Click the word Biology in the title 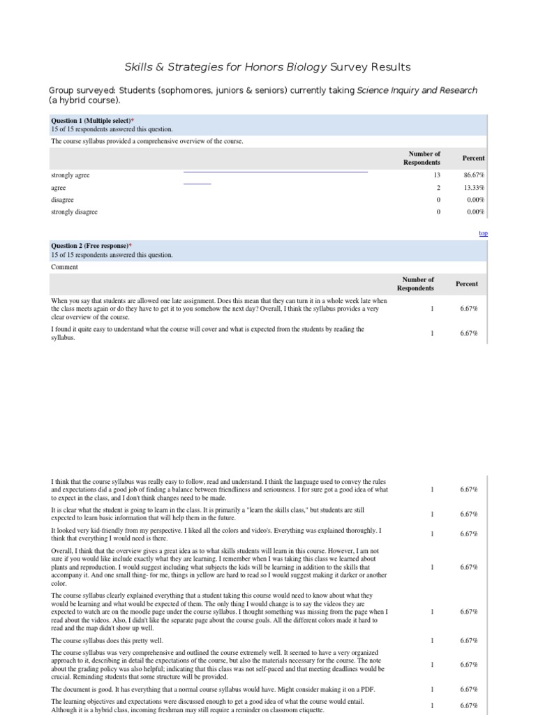302,67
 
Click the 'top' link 483,233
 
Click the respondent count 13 436,175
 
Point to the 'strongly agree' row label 70,175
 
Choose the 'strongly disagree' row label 75,212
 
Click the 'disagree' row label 62,200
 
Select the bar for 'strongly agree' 275,171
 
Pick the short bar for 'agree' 197,183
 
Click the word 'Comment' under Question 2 65,267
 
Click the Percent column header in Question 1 473,158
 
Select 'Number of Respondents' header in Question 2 415,283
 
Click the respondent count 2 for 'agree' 438,188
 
